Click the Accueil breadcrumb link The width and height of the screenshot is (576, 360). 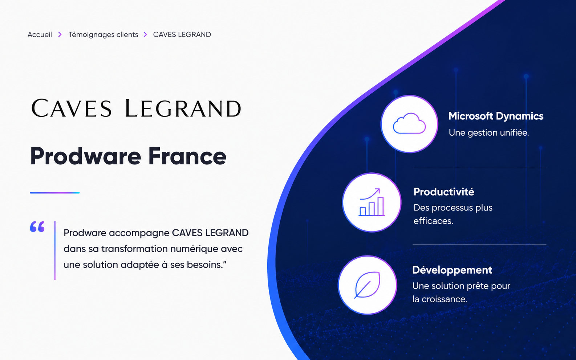pos(40,34)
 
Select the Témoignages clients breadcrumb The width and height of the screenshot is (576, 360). pos(103,35)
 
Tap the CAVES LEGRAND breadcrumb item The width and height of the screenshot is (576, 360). pos(182,34)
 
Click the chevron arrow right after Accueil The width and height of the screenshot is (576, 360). pos(60,34)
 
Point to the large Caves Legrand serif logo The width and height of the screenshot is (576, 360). pos(136,108)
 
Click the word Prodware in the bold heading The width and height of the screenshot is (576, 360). pos(86,156)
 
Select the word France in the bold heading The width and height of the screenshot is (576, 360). pos(187,156)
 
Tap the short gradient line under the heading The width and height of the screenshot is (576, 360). pos(55,193)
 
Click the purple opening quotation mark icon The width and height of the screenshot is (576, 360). pos(37,227)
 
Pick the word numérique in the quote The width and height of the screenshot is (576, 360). pos(194,249)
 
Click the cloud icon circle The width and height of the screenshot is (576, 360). pos(409,124)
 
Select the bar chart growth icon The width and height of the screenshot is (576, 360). pos(372,202)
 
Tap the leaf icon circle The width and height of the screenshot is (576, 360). pos(368,285)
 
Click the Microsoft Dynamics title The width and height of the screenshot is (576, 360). pos(496,116)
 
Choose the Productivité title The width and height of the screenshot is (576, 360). pos(444,192)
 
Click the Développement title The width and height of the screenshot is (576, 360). pos(452,270)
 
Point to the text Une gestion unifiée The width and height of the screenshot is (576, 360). pos(488,133)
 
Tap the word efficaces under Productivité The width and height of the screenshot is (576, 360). pos(433,221)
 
